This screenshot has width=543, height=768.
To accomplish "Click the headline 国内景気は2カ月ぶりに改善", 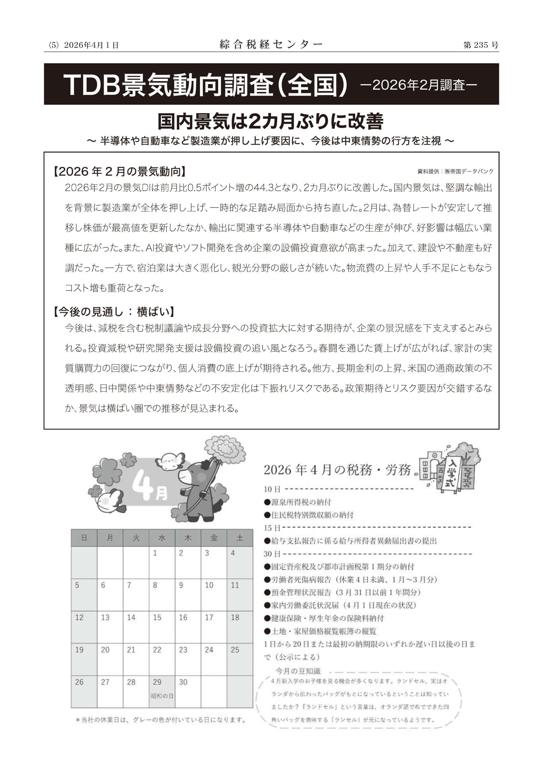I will (271, 122).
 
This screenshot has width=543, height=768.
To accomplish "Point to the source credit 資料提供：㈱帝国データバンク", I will (455, 172).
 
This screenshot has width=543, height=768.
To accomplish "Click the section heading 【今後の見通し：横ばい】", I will (114, 312).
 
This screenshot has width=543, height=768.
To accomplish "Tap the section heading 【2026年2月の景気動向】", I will (119, 172).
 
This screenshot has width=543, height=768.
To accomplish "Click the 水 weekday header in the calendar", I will (162, 538).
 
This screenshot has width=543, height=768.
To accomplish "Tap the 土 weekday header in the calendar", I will (240, 538).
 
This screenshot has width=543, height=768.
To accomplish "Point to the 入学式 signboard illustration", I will (453, 472).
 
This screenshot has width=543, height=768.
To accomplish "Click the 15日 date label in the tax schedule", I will (272, 528).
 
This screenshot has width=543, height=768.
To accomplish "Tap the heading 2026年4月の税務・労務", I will (337, 470).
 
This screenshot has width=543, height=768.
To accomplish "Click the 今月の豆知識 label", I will (298, 671).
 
